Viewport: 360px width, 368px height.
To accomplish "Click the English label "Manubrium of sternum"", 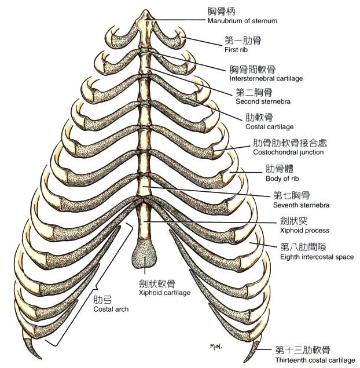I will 242,21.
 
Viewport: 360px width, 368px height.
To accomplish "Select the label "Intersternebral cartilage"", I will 266,78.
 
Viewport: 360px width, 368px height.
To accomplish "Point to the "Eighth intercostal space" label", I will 316,257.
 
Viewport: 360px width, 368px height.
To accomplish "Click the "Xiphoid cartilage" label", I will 164,293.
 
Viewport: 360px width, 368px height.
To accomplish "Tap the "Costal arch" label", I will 111,309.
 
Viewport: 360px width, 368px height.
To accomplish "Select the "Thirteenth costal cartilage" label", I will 315,360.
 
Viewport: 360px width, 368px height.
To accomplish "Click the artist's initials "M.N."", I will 218,347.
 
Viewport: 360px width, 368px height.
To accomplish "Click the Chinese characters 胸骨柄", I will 222,11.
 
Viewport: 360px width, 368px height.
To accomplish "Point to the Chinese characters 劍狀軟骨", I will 157,284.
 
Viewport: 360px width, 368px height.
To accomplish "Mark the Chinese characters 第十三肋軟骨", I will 303,350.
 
